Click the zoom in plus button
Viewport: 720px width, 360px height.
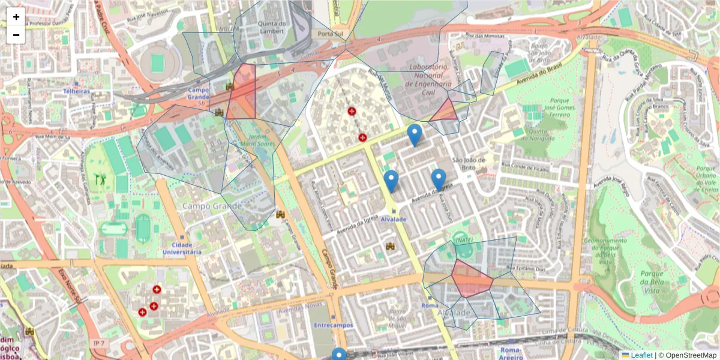(16, 17)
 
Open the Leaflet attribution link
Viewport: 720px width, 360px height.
(641, 355)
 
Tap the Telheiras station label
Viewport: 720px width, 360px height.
(76, 91)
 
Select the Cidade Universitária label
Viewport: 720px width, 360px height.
(182, 248)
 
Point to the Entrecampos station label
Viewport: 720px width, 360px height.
(333, 325)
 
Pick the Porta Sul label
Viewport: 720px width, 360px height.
(330, 34)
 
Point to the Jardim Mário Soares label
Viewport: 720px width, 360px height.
(258, 140)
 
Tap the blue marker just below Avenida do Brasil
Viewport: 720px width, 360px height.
(414, 134)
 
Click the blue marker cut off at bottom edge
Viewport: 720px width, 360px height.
(339, 355)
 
